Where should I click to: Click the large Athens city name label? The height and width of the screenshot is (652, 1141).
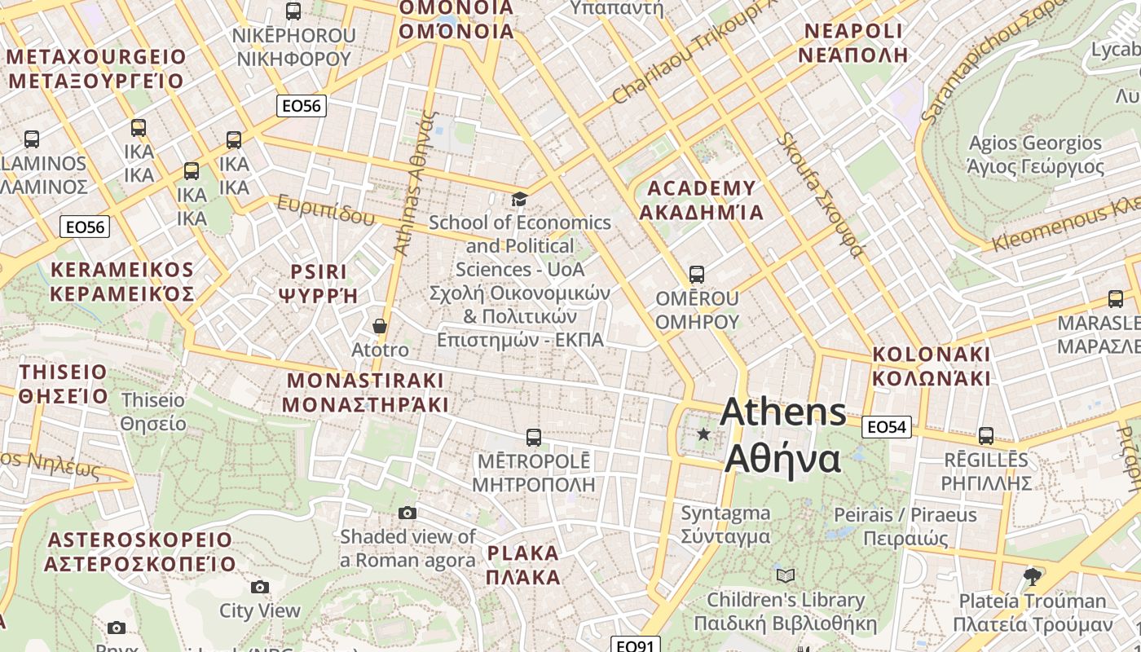[x=782, y=435]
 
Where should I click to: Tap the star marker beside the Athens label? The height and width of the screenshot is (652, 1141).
[x=703, y=434]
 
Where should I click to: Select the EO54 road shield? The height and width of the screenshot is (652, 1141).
[x=886, y=427]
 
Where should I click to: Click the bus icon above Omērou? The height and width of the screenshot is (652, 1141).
[x=696, y=275]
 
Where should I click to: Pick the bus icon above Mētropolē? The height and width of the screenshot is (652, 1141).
[x=533, y=438]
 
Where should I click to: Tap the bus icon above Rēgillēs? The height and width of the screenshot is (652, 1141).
[x=986, y=436]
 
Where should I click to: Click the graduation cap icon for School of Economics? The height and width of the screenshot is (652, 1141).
[x=519, y=200]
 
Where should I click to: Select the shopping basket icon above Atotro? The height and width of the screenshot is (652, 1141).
[x=380, y=326]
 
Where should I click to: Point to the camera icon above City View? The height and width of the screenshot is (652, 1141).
[x=260, y=587]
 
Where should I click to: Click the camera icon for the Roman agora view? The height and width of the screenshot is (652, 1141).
[x=407, y=513]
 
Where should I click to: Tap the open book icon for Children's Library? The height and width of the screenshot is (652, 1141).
[x=786, y=576]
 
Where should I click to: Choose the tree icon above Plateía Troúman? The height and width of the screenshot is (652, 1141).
[x=1033, y=577]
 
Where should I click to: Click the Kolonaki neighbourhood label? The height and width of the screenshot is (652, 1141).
[x=932, y=366]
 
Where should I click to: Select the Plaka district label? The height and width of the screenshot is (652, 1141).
[x=523, y=565]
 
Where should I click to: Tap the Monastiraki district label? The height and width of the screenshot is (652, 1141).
[x=365, y=392]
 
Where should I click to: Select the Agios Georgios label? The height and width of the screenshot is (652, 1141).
[x=1035, y=155]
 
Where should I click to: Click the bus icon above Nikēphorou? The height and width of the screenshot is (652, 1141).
[x=293, y=11]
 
